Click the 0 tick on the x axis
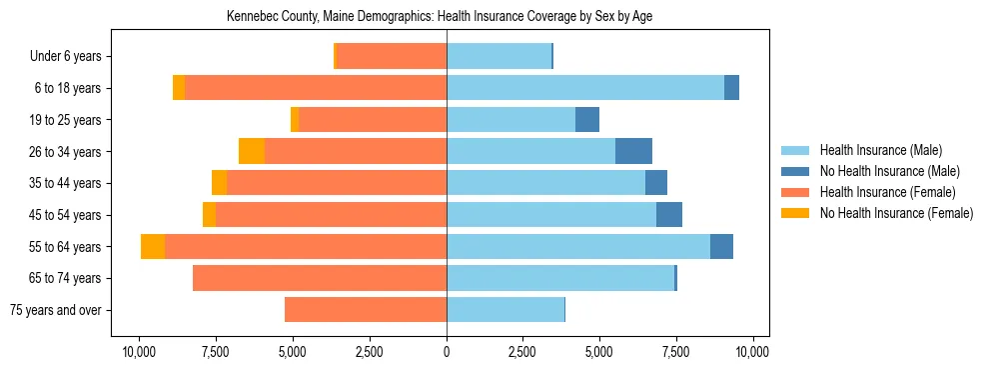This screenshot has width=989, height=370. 447,353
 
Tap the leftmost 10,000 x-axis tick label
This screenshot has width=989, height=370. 140,353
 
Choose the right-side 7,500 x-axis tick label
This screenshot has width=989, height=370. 676,353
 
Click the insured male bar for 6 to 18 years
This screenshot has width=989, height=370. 585,88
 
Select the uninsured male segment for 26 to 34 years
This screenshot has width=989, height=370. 633,151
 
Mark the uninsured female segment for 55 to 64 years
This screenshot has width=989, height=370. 153,246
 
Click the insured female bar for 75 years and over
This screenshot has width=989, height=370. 366,310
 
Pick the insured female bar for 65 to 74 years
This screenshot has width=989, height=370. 320,278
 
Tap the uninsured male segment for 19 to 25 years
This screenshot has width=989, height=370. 587,120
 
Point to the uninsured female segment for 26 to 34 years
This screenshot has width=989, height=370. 252,151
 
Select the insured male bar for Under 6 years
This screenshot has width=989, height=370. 498,56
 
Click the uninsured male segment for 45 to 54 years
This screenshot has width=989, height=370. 669,215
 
